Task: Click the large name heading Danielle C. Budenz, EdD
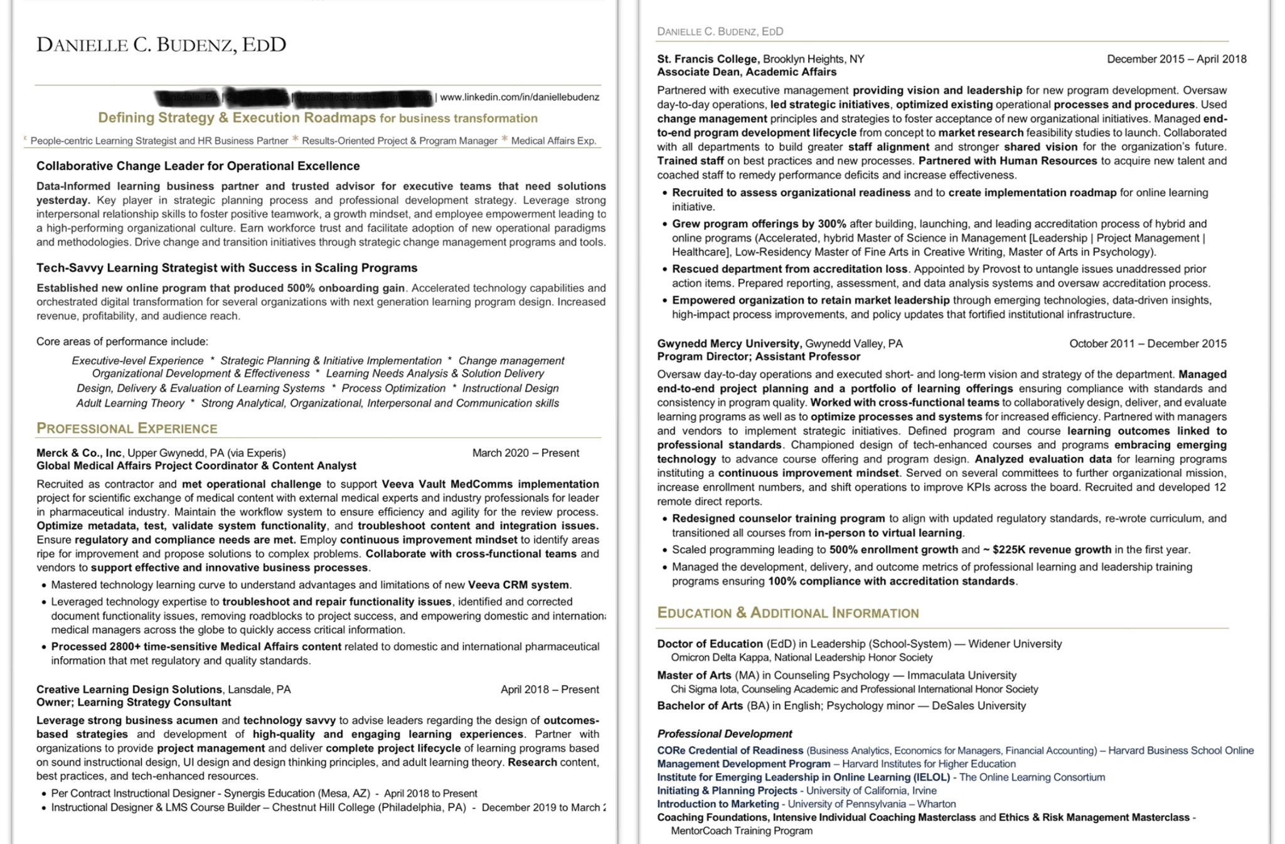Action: [x=161, y=45]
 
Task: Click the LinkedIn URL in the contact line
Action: [x=520, y=97]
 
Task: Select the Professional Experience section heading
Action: [x=127, y=429]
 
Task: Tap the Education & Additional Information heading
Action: [x=787, y=613]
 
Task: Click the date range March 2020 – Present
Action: [x=525, y=453]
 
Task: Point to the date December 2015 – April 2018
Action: [x=1176, y=59]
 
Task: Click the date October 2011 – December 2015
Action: [x=1147, y=344]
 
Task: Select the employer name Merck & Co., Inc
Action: [x=79, y=453]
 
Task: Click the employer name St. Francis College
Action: [x=707, y=59]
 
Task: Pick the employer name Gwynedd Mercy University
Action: [x=728, y=344]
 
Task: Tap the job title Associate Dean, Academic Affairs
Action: [x=747, y=72]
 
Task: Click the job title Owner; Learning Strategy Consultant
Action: [x=134, y=702]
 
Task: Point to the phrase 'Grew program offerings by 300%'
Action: [x=759, y=224]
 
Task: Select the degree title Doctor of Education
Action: [x=710, y=644]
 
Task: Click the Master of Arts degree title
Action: [x=694, y=675]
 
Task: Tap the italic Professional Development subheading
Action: [x=724, y=734]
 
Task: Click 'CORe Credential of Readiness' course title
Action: [x=730, y=751]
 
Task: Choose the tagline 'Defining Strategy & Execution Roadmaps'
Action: [x=237, y=118]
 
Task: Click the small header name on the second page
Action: [x=720, y=31]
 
